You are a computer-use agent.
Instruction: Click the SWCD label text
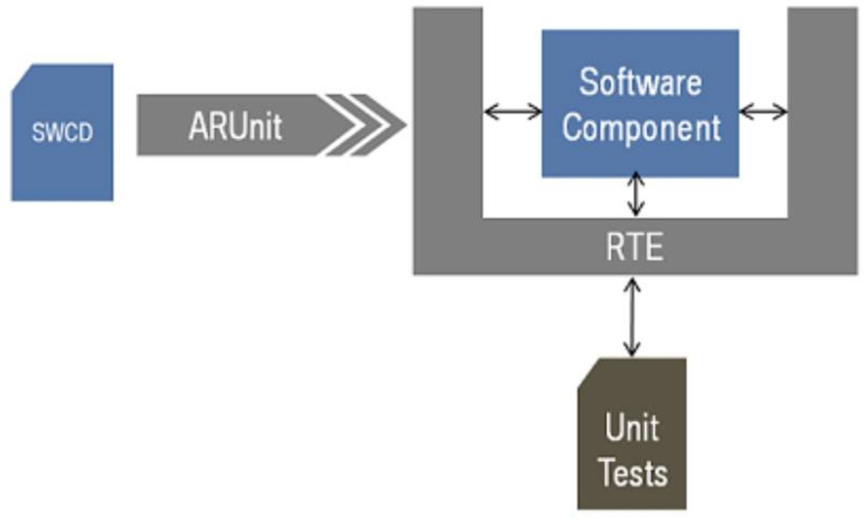pyautogui.click(x=63, y=134)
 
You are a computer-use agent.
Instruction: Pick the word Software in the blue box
pyautogui.click(x=640, y=83)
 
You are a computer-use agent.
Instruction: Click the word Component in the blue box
pyautogui.click(x=641, y=127)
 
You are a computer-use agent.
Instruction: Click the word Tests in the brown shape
pyautogui.click(x=633, y=473)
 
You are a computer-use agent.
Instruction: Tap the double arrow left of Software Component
pyautogui.click(x=513, y=111)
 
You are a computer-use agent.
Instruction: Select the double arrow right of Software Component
pyautogui.click(x=763, y=111)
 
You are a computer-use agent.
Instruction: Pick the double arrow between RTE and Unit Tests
pyautogui.click(x=632, y=317)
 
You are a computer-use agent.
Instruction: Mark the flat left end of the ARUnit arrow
pyautogui.click(x=142, y=125)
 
